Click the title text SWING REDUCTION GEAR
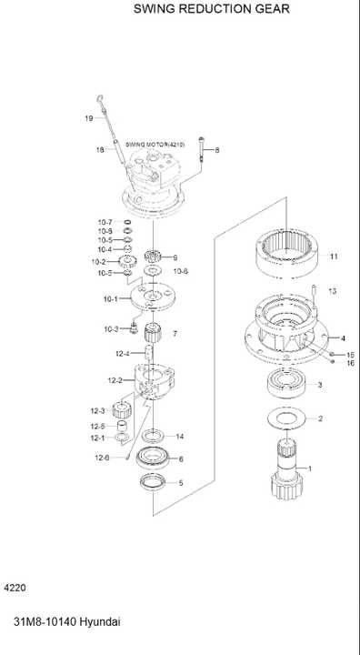pos(212,9)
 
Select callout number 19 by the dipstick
pos(89,118)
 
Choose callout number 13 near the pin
pos(332,291)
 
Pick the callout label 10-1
pos(110,298)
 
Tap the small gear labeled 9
pos(151,257)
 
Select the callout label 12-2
pos(115,379)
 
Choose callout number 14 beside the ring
pos(180,436)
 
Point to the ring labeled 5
pos(153,481)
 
